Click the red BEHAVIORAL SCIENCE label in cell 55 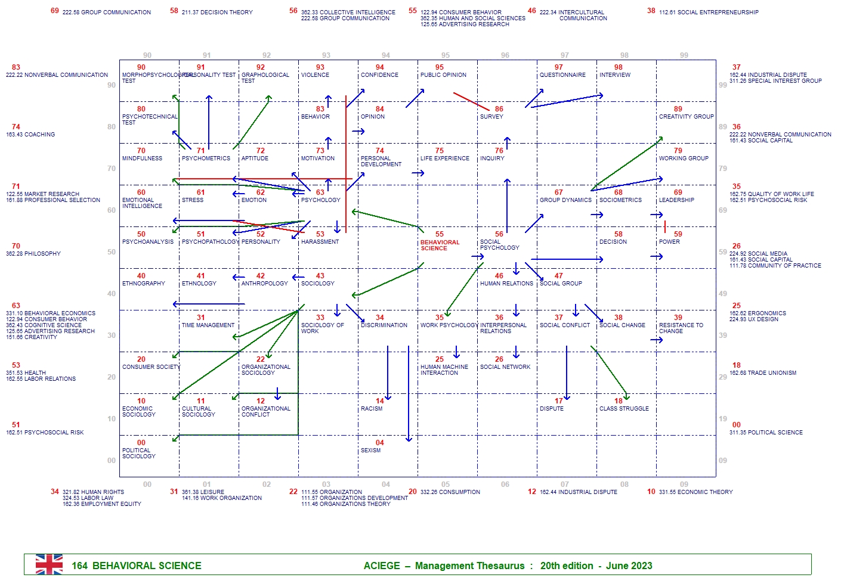[x=440, y=245]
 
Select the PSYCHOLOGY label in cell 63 [x=320, y=200]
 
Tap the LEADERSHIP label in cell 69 [x=676, y=200]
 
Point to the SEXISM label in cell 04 [x=370, y=451]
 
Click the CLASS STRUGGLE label [x=624, y=409]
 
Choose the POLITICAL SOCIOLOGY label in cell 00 [x=138, y=453]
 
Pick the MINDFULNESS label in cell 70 [x=142, y=159]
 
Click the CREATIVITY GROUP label [x=686, y=117]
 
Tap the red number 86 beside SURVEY [x=499, y=109]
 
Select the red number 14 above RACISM [x=379, y=401]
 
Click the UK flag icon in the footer [x=49, y=564]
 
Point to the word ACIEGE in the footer [x=382, y=566]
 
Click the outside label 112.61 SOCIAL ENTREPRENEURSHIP [x=709, y=13]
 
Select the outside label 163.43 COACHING [x=30, y=135]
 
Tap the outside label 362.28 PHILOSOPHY [x=33, y=254]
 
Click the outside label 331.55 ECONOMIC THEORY [x=695, y=492]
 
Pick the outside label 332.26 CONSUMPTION [x=450, y=492]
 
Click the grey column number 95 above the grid [x=446, y=55]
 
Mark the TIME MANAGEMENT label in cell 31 [x=208, y=325]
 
